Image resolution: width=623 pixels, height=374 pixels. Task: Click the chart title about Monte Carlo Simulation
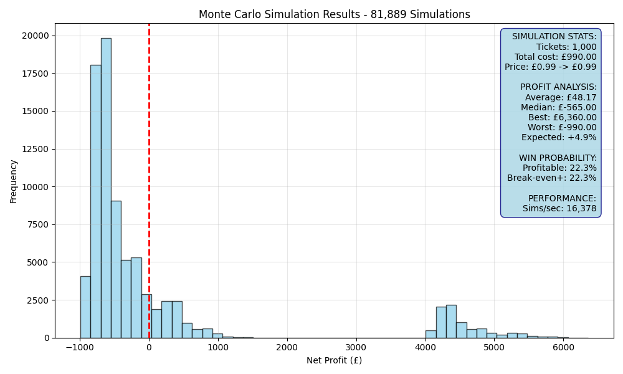click(334, 14)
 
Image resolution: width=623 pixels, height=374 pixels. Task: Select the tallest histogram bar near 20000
click(106, 188)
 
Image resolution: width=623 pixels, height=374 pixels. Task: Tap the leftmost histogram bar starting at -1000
click(85, 307)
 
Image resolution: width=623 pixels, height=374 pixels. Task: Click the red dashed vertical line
click(149, 181)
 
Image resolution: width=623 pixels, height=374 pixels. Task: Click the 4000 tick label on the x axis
click(425, 347)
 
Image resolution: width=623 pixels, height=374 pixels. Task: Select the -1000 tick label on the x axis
click(80, 347)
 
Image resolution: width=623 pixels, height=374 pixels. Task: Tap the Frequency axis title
click(14, 181)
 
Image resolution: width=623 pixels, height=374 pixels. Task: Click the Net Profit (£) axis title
click(334, 360)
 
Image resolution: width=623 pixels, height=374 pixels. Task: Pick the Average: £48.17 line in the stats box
click(561, 97)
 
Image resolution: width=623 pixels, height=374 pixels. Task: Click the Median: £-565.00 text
click(559, 107)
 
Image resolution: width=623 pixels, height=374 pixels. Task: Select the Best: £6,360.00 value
click(562, 117)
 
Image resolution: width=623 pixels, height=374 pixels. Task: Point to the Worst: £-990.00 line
click(562, 127)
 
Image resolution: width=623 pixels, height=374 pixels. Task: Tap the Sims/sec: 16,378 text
click(559, 208)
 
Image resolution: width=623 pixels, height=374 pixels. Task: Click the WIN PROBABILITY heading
click(558, 158)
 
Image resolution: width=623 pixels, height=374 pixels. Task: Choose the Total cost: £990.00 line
click(556, 57)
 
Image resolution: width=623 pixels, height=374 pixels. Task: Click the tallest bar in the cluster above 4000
click(451, 321)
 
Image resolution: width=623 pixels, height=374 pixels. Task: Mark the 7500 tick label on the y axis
click(38, 224)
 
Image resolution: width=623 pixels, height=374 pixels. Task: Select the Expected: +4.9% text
click(559, 138)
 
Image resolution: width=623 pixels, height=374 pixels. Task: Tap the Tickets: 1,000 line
click(566, 47)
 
